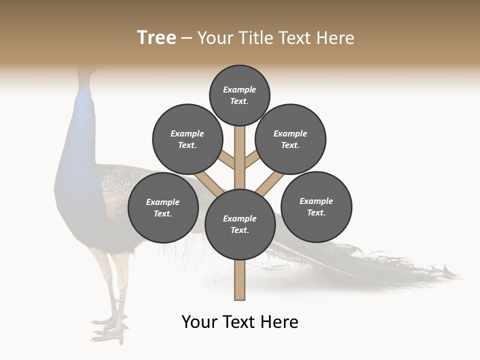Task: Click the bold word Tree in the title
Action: [156, 37]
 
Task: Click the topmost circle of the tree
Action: [239, 95]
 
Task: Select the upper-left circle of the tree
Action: [187, 139]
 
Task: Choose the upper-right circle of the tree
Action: [290, 139]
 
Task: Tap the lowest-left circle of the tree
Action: [163, 207]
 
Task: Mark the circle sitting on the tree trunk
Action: [240, 224]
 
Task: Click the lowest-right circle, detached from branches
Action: [316, 206]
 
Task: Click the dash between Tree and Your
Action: [186, 38]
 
